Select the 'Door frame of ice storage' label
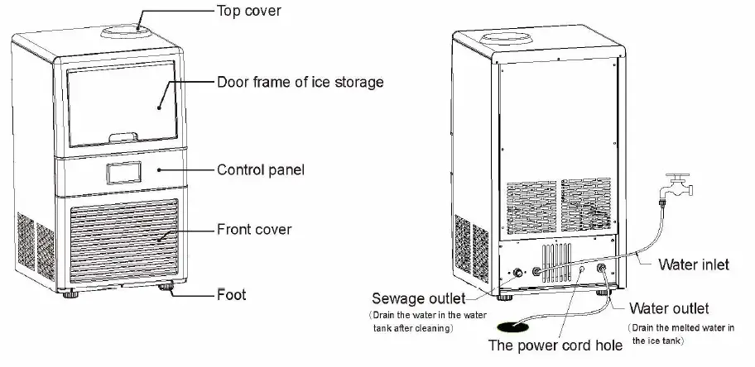(x=300, y=83)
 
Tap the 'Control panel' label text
(x=261, y=170)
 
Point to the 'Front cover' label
(x=254, y=229)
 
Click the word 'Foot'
(x=231, y=293)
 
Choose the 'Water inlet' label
(x=693, y=265)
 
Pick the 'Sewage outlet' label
(x=418, y=298)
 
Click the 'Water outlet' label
(x=669, y=308)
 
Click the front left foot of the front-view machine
(x=65, y=291)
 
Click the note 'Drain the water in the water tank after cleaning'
(x=411, y=322)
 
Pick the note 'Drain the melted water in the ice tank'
(x=680, y=334)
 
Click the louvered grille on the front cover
(x=124, y=240)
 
